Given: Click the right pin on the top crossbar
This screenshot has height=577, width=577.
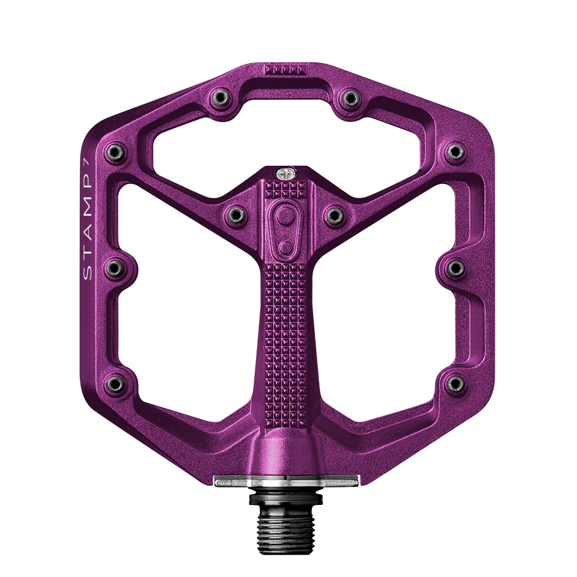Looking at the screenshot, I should tap(349, 97).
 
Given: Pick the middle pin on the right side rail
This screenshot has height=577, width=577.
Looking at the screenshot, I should tap(455, 266).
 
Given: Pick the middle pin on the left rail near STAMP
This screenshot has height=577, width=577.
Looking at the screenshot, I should tap(114, 266).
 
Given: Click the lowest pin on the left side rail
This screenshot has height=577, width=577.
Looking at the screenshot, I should tap(114, 382).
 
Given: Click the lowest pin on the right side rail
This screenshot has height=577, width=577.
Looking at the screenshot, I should tap(455, 382).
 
